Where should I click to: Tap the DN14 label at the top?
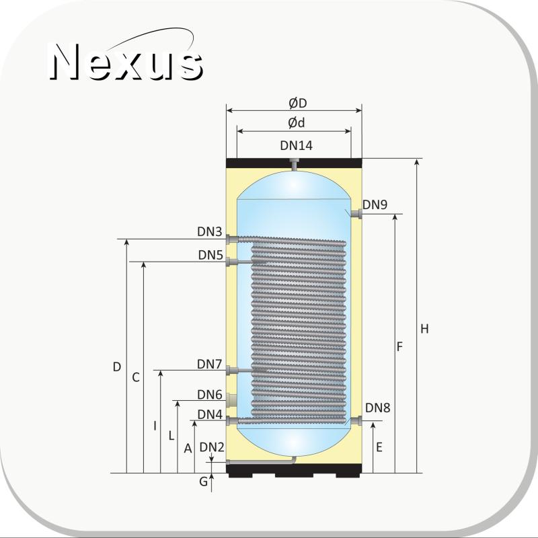pos(296,145)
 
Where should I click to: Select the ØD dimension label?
pos(297,103)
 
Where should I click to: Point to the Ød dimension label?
pos(296,122)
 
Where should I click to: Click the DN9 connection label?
pos(375,204)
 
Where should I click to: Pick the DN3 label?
pos(210,231)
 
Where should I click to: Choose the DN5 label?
pos(210,255)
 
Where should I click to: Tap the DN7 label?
pos(210,364)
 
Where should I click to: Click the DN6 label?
pos(210,395)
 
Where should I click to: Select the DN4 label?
pos(210,414)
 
